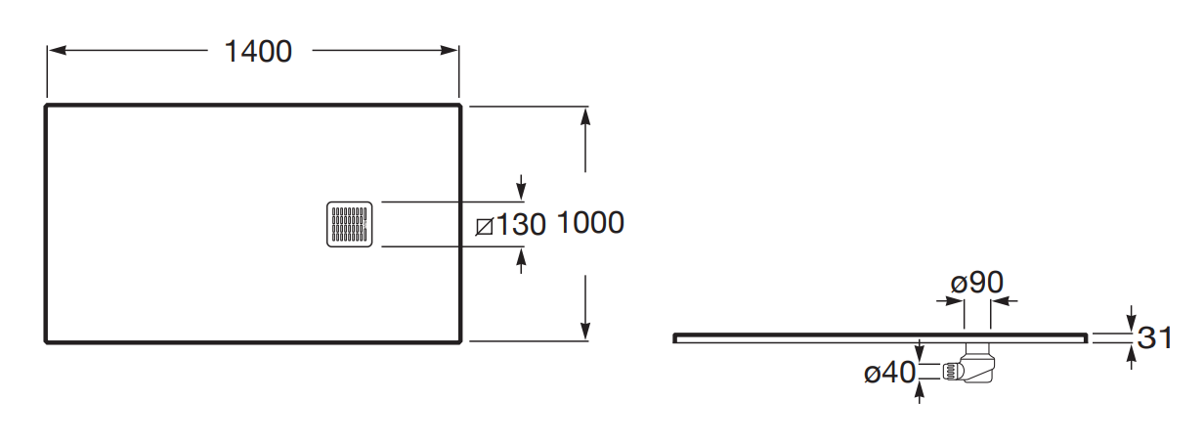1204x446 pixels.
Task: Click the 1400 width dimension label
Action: [x=258, y=52]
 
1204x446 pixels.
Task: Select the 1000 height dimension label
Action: [x=590, y=222]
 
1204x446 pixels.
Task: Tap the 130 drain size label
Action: [x=520, y=224]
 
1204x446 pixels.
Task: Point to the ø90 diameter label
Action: [x=976, y=283]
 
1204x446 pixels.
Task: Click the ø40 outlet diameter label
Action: [x=889, y=373]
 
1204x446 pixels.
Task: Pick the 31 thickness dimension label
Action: [x=1154, y=337]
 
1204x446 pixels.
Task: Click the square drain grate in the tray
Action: [x=350, y=224]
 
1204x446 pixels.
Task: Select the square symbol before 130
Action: [x=484, y=227]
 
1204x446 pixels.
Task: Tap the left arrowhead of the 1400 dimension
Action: [x=57, y=51]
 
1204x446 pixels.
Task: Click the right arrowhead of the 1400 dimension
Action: [x=449, y=51]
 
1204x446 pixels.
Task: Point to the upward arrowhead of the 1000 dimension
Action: [x=585, y=116]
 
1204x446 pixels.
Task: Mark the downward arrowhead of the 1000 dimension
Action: [x=585, y=331]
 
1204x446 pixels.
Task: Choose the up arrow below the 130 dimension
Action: [x=521, y=261]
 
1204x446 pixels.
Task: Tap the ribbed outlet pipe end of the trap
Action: [x=949, y=372]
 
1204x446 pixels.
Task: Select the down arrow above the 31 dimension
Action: [x=1131, y=319]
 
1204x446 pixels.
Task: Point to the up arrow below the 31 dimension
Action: [x=1131, y=357]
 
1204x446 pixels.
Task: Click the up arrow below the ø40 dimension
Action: [x=919, y=391]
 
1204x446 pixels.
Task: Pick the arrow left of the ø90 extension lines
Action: [x=950, y=300]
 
